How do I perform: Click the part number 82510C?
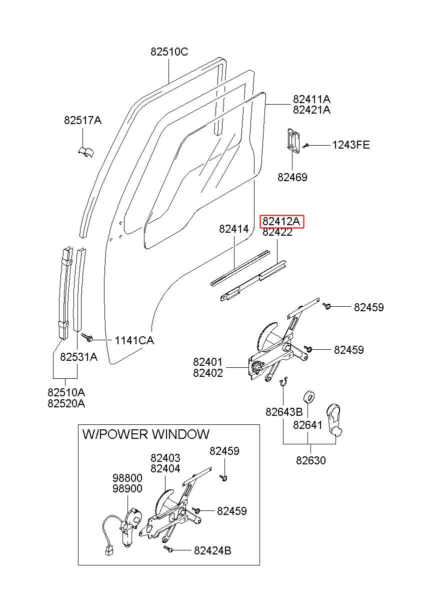tap(169, 52)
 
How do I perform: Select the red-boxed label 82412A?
tap(281, 222)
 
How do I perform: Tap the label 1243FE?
tap(350, 145)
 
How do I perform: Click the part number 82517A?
tap(82, 120)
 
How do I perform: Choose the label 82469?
tap(292, 177)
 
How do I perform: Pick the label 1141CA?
tap(134, 340)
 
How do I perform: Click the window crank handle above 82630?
tap(334, 420)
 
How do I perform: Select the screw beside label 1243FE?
tap(305, 146)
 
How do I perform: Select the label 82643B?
tap(284, 412)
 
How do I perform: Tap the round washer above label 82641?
tap(310, 397)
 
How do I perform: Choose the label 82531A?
tap(78, 357)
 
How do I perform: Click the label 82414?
tap(234, 229)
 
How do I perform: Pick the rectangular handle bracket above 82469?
tap(293, 142)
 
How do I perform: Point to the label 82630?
tap(311, 460)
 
